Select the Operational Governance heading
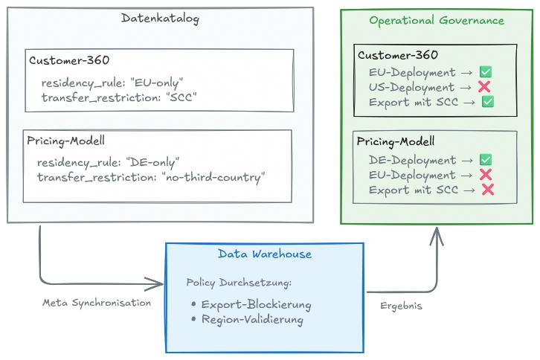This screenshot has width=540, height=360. point(437,21)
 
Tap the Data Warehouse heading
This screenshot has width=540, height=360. point(265,254)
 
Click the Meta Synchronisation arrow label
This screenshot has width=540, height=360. point(96,303)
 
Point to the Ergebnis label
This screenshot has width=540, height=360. point(401,306)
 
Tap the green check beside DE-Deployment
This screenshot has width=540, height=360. point(486,160)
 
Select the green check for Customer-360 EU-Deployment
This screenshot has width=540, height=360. point(486,72)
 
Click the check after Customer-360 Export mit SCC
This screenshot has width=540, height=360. point(488,102)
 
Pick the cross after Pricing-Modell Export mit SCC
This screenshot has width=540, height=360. point(488,190)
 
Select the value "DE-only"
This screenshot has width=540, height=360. point(153,162)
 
